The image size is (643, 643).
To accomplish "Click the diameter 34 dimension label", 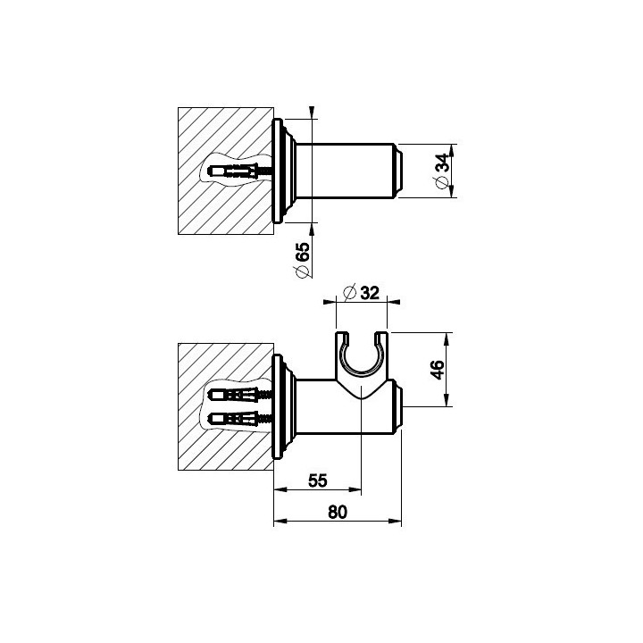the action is pos(442,171).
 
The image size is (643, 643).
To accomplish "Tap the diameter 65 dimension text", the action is pos(303,260).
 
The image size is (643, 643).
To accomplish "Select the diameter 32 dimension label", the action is pos(362,293).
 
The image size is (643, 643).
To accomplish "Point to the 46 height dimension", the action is pos(438,370).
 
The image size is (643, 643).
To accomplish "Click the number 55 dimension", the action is pos(318,480).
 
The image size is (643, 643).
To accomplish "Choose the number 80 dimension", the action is pos(338,513).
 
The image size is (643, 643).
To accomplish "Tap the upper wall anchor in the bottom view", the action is pos(240,395).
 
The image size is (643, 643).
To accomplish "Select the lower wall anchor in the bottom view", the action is pos(240,419).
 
